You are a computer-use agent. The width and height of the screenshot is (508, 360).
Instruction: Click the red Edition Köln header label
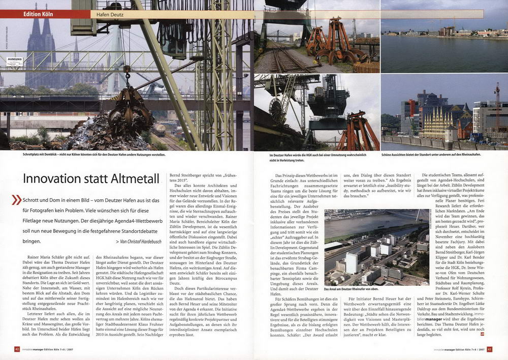tap(38, 14)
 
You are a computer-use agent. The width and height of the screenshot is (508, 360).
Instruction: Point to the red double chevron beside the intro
tap(17, 200)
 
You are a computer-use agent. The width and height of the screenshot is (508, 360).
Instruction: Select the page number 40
tap(17, 349)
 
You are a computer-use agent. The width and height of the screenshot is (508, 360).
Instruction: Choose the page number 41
tap(489, 349)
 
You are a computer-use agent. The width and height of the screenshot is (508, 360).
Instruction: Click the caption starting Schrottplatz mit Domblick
tap(94, 155)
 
